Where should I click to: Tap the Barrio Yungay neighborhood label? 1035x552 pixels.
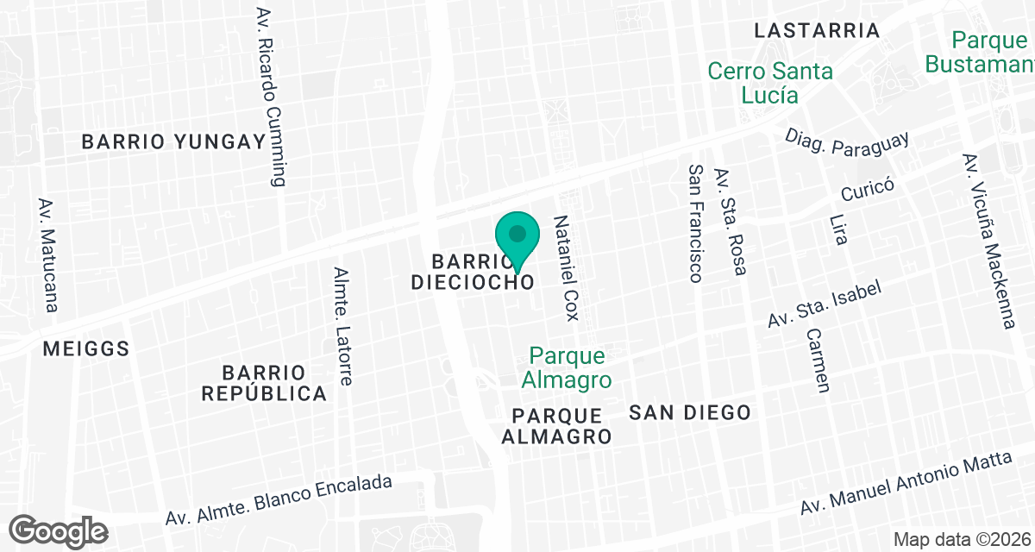click(x=172, y=142)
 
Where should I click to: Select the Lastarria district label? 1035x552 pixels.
click(x=816, y=31)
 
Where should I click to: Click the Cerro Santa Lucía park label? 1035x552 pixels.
click(x=770, y=83)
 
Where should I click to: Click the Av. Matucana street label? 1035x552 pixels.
click(x=48, y=254)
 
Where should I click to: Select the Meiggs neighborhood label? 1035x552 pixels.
click(x=86, y=349)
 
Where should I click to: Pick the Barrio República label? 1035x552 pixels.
click(x=264, y=383)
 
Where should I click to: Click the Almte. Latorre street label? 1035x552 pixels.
click(x=344, y=325)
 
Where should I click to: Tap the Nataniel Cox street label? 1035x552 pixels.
click(x=566, y=268)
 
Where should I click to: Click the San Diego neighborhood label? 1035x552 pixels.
click(x=689, y=412)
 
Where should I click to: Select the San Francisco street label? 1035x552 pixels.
click(x=696, y=223)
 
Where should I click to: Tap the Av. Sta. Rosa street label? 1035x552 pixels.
click(x=730, y=221)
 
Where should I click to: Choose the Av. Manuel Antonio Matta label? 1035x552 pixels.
click(x=905, y=484)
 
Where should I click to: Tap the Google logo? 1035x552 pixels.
click(x=59, y=530)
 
